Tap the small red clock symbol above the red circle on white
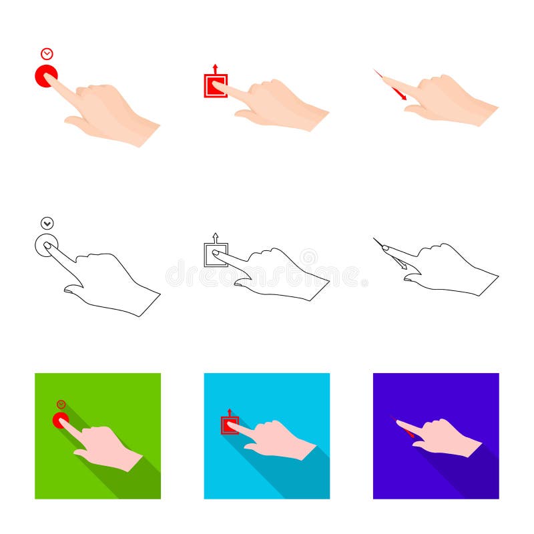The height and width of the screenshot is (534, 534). (47, 53)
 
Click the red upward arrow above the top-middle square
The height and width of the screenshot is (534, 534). (215, 68)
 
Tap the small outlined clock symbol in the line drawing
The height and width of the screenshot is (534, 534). (47, 224)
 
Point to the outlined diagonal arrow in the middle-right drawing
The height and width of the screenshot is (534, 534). (399, 264)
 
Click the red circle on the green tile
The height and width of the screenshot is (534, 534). (59, 420)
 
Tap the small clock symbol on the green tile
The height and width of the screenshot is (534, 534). (61, 405)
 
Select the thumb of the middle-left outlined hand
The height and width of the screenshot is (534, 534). (73, 289)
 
